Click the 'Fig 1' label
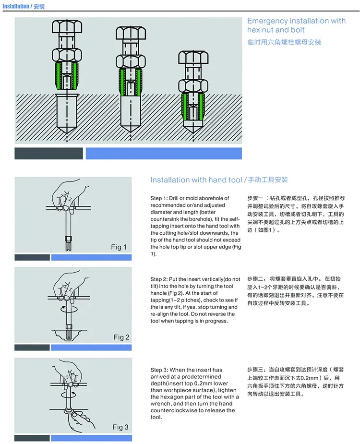119,247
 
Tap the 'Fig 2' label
121,337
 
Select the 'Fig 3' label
120,427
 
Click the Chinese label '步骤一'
256,198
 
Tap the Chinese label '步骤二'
256,278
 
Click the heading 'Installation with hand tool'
196,180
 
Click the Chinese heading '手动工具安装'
269,180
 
